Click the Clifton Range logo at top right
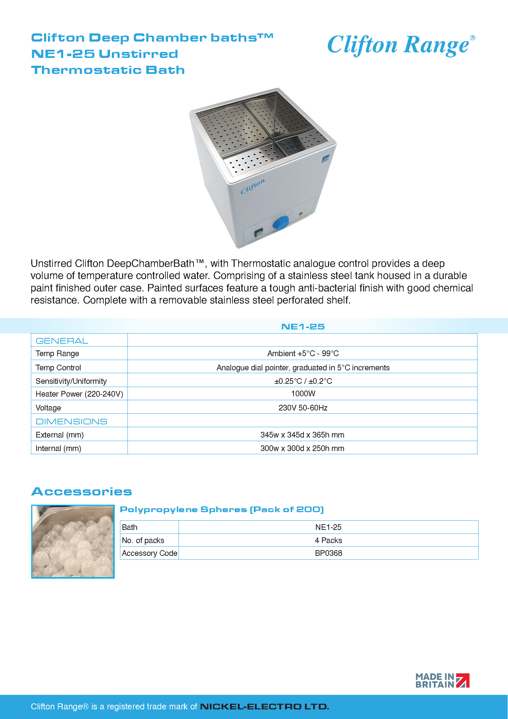[x=401, y=45]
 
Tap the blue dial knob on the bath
[x=280, y=224]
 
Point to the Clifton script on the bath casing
[x=252, y=187]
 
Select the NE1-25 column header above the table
[x=303, y=327]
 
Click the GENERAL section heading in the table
[x=62, y=341]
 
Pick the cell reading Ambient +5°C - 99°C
[x=303, y=354]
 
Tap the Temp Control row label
[x=58, y=367]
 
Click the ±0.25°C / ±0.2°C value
[x=303, y=381]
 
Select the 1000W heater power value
[x=303, y=394]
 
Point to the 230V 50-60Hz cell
[x=303, y=408]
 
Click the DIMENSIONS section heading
[x=71, y=422]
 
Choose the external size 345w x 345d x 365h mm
[x=302, y=435]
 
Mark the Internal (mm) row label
[x=58, y=449]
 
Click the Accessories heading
[x=82, y=492]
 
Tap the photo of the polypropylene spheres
[x=73, y=541]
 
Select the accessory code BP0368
[x=328, y=553]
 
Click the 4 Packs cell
[x=328, y=540]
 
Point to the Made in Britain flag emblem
[x=463, y=680]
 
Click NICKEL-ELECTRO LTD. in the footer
[x=264, y=707]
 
